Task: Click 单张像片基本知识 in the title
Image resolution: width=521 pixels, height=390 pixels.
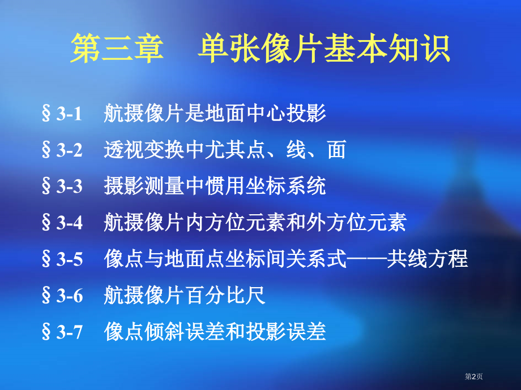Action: (324, 49)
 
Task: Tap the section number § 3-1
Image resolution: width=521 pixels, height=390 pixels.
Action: (62, 114)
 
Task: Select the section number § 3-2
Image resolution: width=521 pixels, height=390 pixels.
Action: (62, 150)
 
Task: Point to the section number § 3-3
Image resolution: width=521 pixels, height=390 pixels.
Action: (62, 187)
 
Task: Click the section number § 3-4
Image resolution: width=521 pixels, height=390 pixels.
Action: (62, 223)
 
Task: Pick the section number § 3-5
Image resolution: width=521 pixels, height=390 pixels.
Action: (62, 259)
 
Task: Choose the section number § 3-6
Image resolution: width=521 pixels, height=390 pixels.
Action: (62, 296)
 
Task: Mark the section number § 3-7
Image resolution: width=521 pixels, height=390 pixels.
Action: (62, 332)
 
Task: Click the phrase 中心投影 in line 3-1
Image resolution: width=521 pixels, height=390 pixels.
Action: (288, 114)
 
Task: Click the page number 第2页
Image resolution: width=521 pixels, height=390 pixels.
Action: (474, 376)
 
